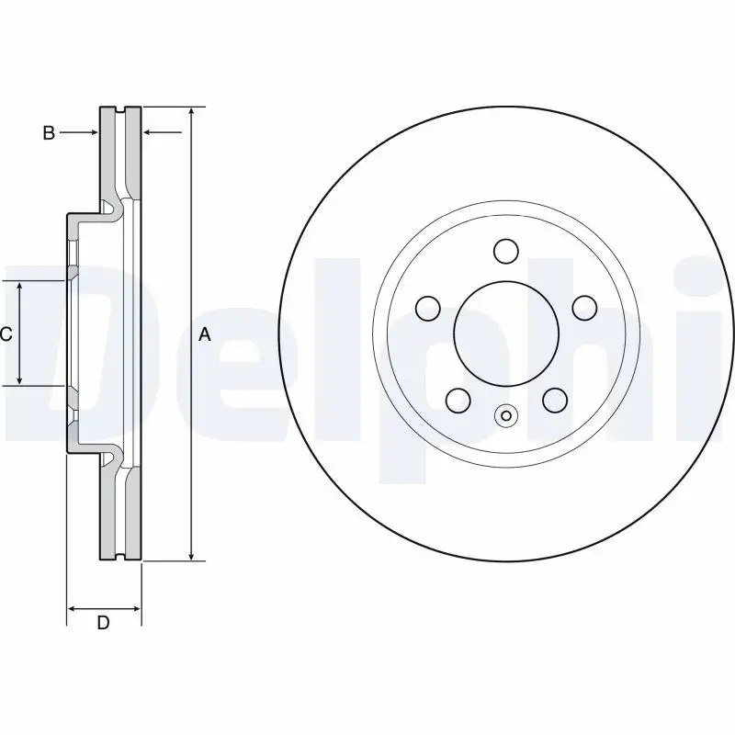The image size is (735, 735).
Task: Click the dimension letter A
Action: pos(205,335)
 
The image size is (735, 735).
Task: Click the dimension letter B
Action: pos(49,133)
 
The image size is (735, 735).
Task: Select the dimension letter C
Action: pos(6,334)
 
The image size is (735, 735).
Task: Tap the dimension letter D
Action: pos(104,623)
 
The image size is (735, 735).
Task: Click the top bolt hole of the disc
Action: pos(505,250)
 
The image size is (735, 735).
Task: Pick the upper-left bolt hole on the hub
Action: pos(428,307)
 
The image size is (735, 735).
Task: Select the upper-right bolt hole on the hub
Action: pos(583,307)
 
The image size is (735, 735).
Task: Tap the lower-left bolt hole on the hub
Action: pos(458,399)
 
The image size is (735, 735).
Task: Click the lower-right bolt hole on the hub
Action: pos(554,399)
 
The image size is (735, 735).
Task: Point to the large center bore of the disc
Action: pos(505,332)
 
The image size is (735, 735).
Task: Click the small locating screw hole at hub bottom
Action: pos(505,416)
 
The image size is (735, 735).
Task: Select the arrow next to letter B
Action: pos(92,133)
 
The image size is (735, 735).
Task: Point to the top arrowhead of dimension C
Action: pos(20,287)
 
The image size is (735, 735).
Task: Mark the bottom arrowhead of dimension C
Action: pos(20,380)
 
